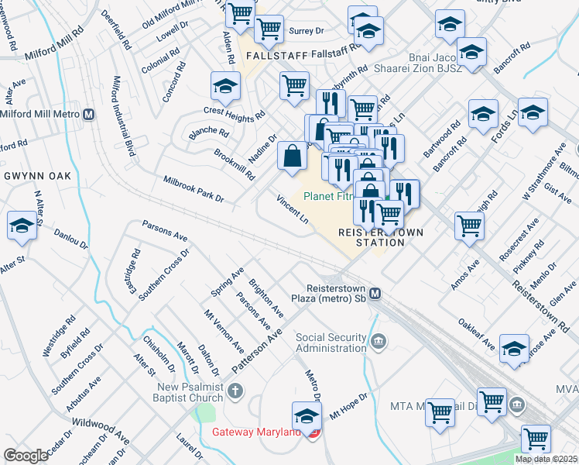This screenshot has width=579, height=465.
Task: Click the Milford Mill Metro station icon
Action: (x=89, y=115)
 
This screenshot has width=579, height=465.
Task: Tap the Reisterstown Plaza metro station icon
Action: (x=375, y=294)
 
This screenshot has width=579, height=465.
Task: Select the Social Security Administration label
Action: (x=331, y=342)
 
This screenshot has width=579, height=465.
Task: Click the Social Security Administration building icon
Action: (x=379, y=340)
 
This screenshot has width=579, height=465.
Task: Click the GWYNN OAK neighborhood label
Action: (x=37, y=176)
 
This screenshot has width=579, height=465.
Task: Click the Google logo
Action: (x=26, y=456)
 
